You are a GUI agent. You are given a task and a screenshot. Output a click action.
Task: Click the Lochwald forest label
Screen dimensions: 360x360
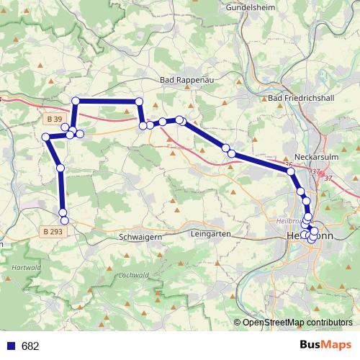click(135, 275)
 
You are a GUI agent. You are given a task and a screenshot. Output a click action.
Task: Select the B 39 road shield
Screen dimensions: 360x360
click(53, 118)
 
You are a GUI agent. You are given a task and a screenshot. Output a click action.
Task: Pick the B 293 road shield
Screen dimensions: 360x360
click(54, 232)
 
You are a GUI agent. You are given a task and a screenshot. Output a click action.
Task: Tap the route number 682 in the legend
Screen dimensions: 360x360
click(30, 346)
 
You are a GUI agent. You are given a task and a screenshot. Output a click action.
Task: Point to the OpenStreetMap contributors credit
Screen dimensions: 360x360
click(297, 323)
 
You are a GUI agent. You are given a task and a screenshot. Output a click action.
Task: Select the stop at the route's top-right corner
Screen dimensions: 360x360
click(139, 102)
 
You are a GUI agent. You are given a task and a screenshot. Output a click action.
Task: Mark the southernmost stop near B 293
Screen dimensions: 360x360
click(64, 219)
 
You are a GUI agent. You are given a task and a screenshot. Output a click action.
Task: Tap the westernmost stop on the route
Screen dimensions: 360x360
click(45, 137)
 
